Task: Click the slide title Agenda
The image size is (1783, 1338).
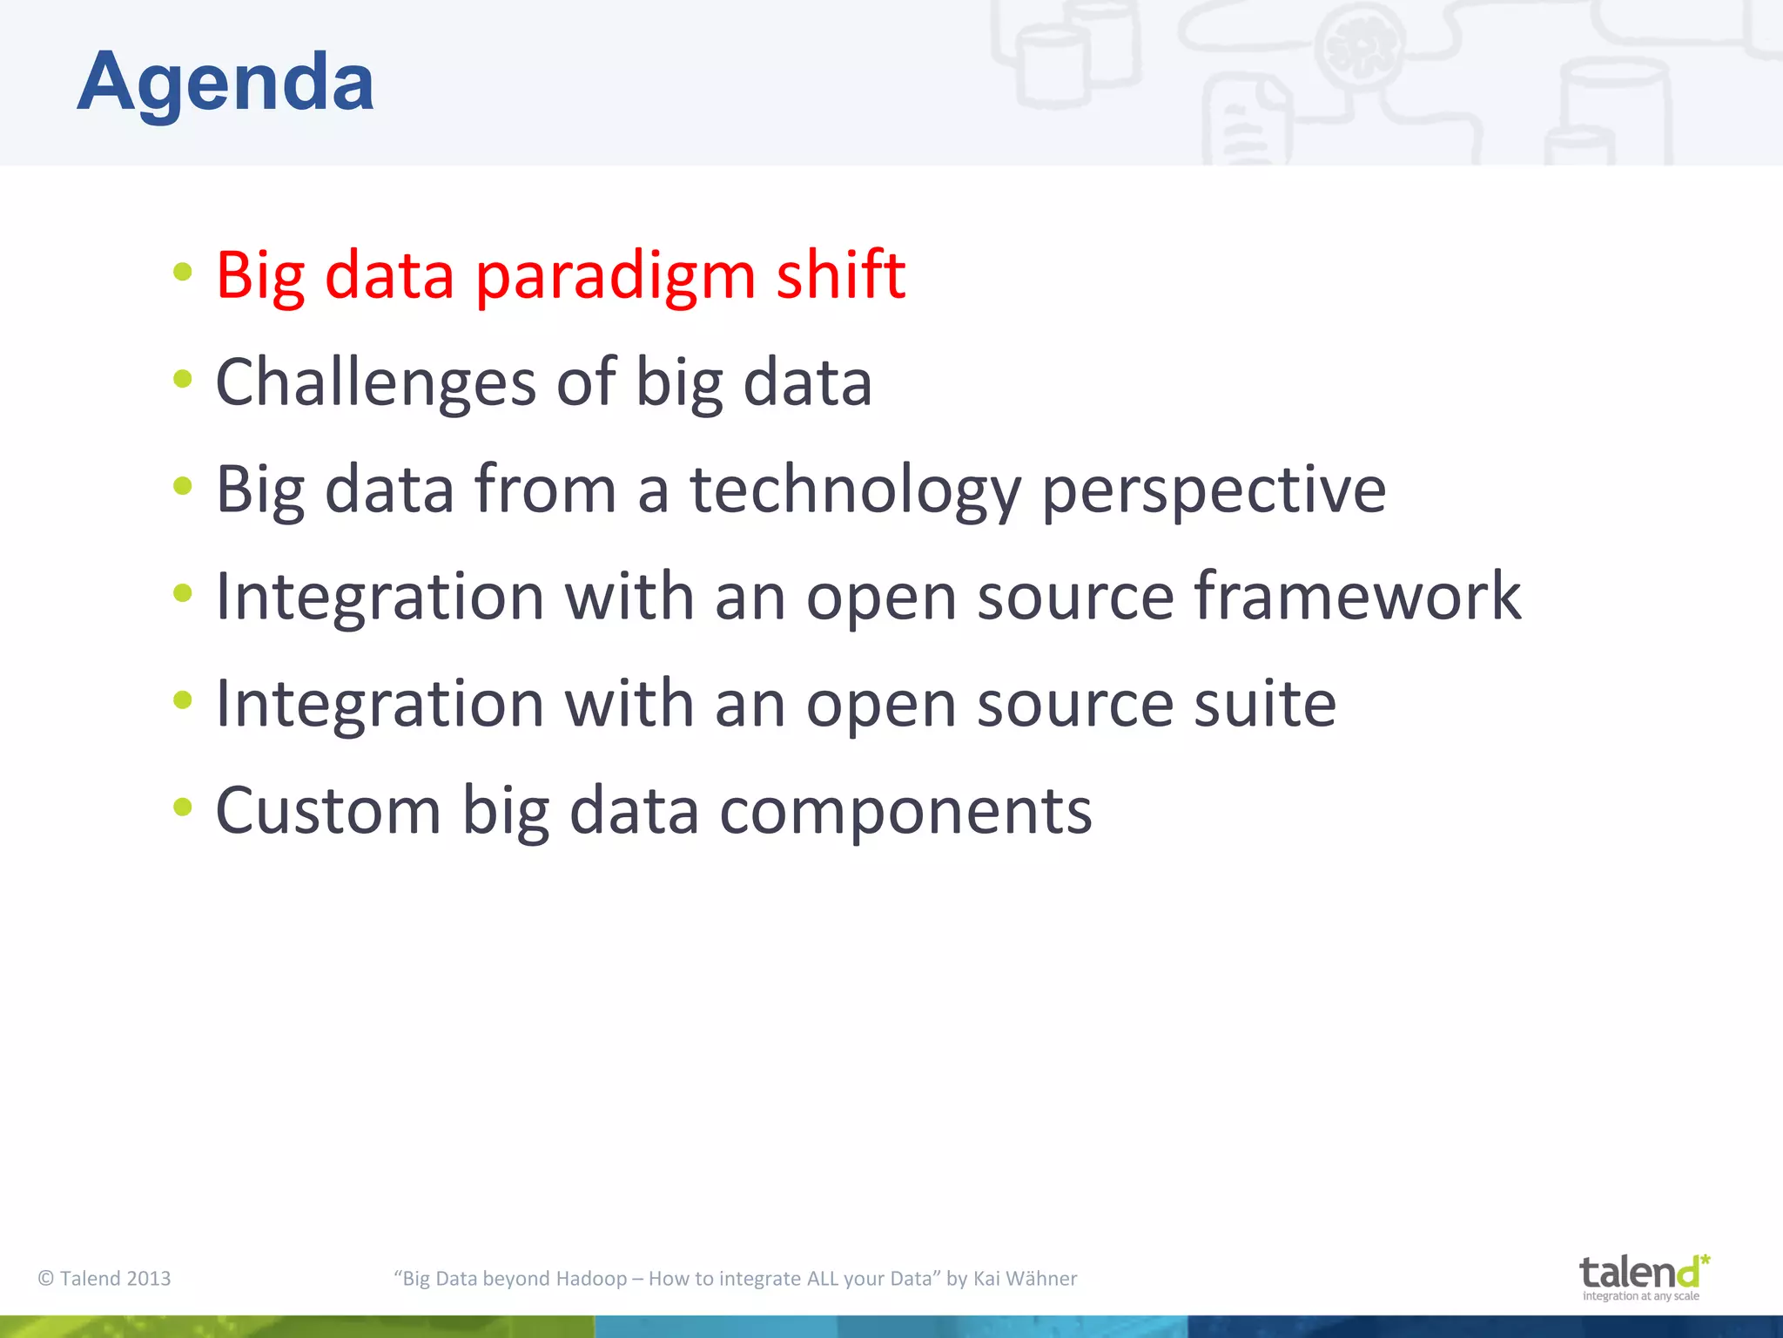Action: tap(225, 82)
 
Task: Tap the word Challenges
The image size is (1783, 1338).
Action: tap(375, 383)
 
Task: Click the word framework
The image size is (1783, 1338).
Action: tap(1356, 597)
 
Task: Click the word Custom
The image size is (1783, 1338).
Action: tap(328, 811)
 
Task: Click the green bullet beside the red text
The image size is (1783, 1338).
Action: tap(182, 271)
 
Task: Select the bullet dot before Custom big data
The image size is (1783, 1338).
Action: tap(182, 807)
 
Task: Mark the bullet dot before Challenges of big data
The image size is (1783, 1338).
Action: tap(182, 378)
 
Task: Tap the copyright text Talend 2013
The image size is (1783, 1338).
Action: tap(104, 1278)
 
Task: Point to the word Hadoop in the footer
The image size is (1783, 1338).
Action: tap(591, 1278)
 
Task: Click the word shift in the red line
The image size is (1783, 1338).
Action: tap(840, 275)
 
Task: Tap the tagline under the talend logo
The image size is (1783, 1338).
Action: tap(1640, 1296)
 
